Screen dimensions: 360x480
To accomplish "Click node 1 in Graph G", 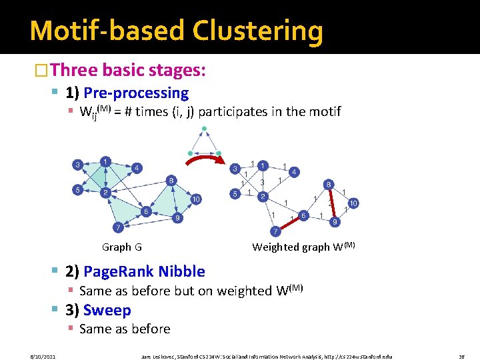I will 105,161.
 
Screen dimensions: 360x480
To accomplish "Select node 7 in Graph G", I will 118,228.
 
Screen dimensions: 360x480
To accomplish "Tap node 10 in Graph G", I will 197,199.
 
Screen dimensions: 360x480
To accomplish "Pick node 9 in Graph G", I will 177,218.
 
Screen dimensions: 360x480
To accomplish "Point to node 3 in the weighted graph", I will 235,169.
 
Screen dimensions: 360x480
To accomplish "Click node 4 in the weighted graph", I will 294,171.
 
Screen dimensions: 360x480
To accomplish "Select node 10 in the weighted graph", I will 353,203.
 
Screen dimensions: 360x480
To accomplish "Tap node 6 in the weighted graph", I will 303,215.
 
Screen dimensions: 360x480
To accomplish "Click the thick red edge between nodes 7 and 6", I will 289,223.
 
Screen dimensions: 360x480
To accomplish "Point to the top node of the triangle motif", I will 204,129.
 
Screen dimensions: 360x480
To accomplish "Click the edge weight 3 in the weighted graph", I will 263,182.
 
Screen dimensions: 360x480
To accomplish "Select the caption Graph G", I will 121,247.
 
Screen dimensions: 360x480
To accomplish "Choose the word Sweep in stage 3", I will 107,310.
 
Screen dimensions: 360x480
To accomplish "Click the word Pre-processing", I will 136,93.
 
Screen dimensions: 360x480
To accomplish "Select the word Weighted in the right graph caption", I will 277,247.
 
